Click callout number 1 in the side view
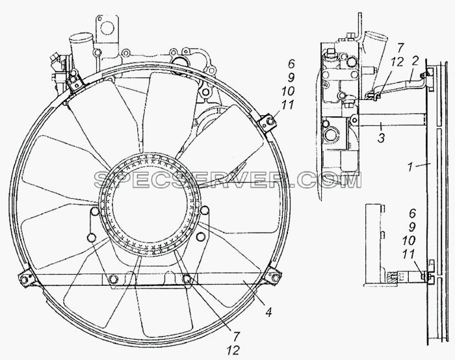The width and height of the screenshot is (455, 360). (x=410, y=167)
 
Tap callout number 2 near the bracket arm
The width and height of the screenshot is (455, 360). (x=415, y=61)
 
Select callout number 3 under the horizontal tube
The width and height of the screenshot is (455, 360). (x=381, y=138)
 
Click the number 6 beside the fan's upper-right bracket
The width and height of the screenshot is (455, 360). (x=291, y=64)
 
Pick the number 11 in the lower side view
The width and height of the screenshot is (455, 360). (x=409, y=255)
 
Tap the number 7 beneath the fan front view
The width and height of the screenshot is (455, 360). (x=236, y=336)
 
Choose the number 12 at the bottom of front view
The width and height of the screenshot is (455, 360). (x=233, y=351)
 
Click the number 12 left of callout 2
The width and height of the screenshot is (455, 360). (x=396, y=62)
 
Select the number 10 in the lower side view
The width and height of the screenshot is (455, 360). (x=409, y=240)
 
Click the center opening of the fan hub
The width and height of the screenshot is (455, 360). (x=149, y=205)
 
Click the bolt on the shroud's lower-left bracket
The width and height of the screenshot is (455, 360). (x=25, y=279)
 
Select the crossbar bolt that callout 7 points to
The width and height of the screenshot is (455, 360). (x=187, y=279)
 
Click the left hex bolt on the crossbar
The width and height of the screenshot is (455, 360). (x=112, y=279)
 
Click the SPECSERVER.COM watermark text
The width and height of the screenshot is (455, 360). (x=227, y=180)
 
